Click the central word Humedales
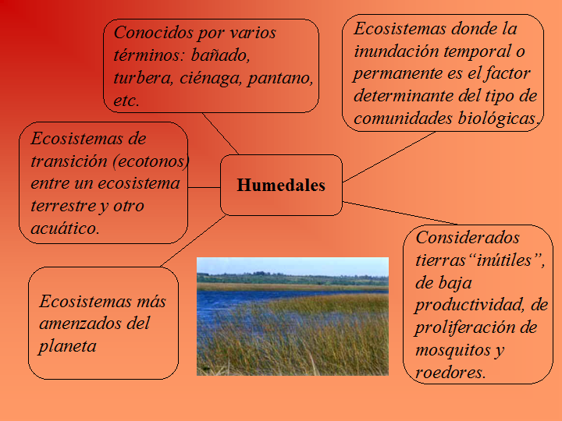pyautogui.click(x=281, y=186)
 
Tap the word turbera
pyautogui.click(x=142, y=78)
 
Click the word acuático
pyautogui.click(x=66, y=228)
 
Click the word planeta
pyautogui.click(x=67, y=345)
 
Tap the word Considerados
pyautogui.click(x=468, y=237)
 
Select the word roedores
pyautogui.click(x=450, y=373)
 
